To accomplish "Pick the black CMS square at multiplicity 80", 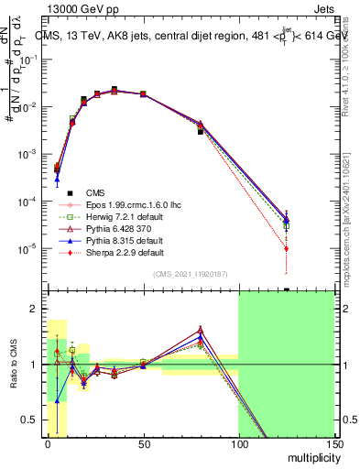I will (x=201, y=132).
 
